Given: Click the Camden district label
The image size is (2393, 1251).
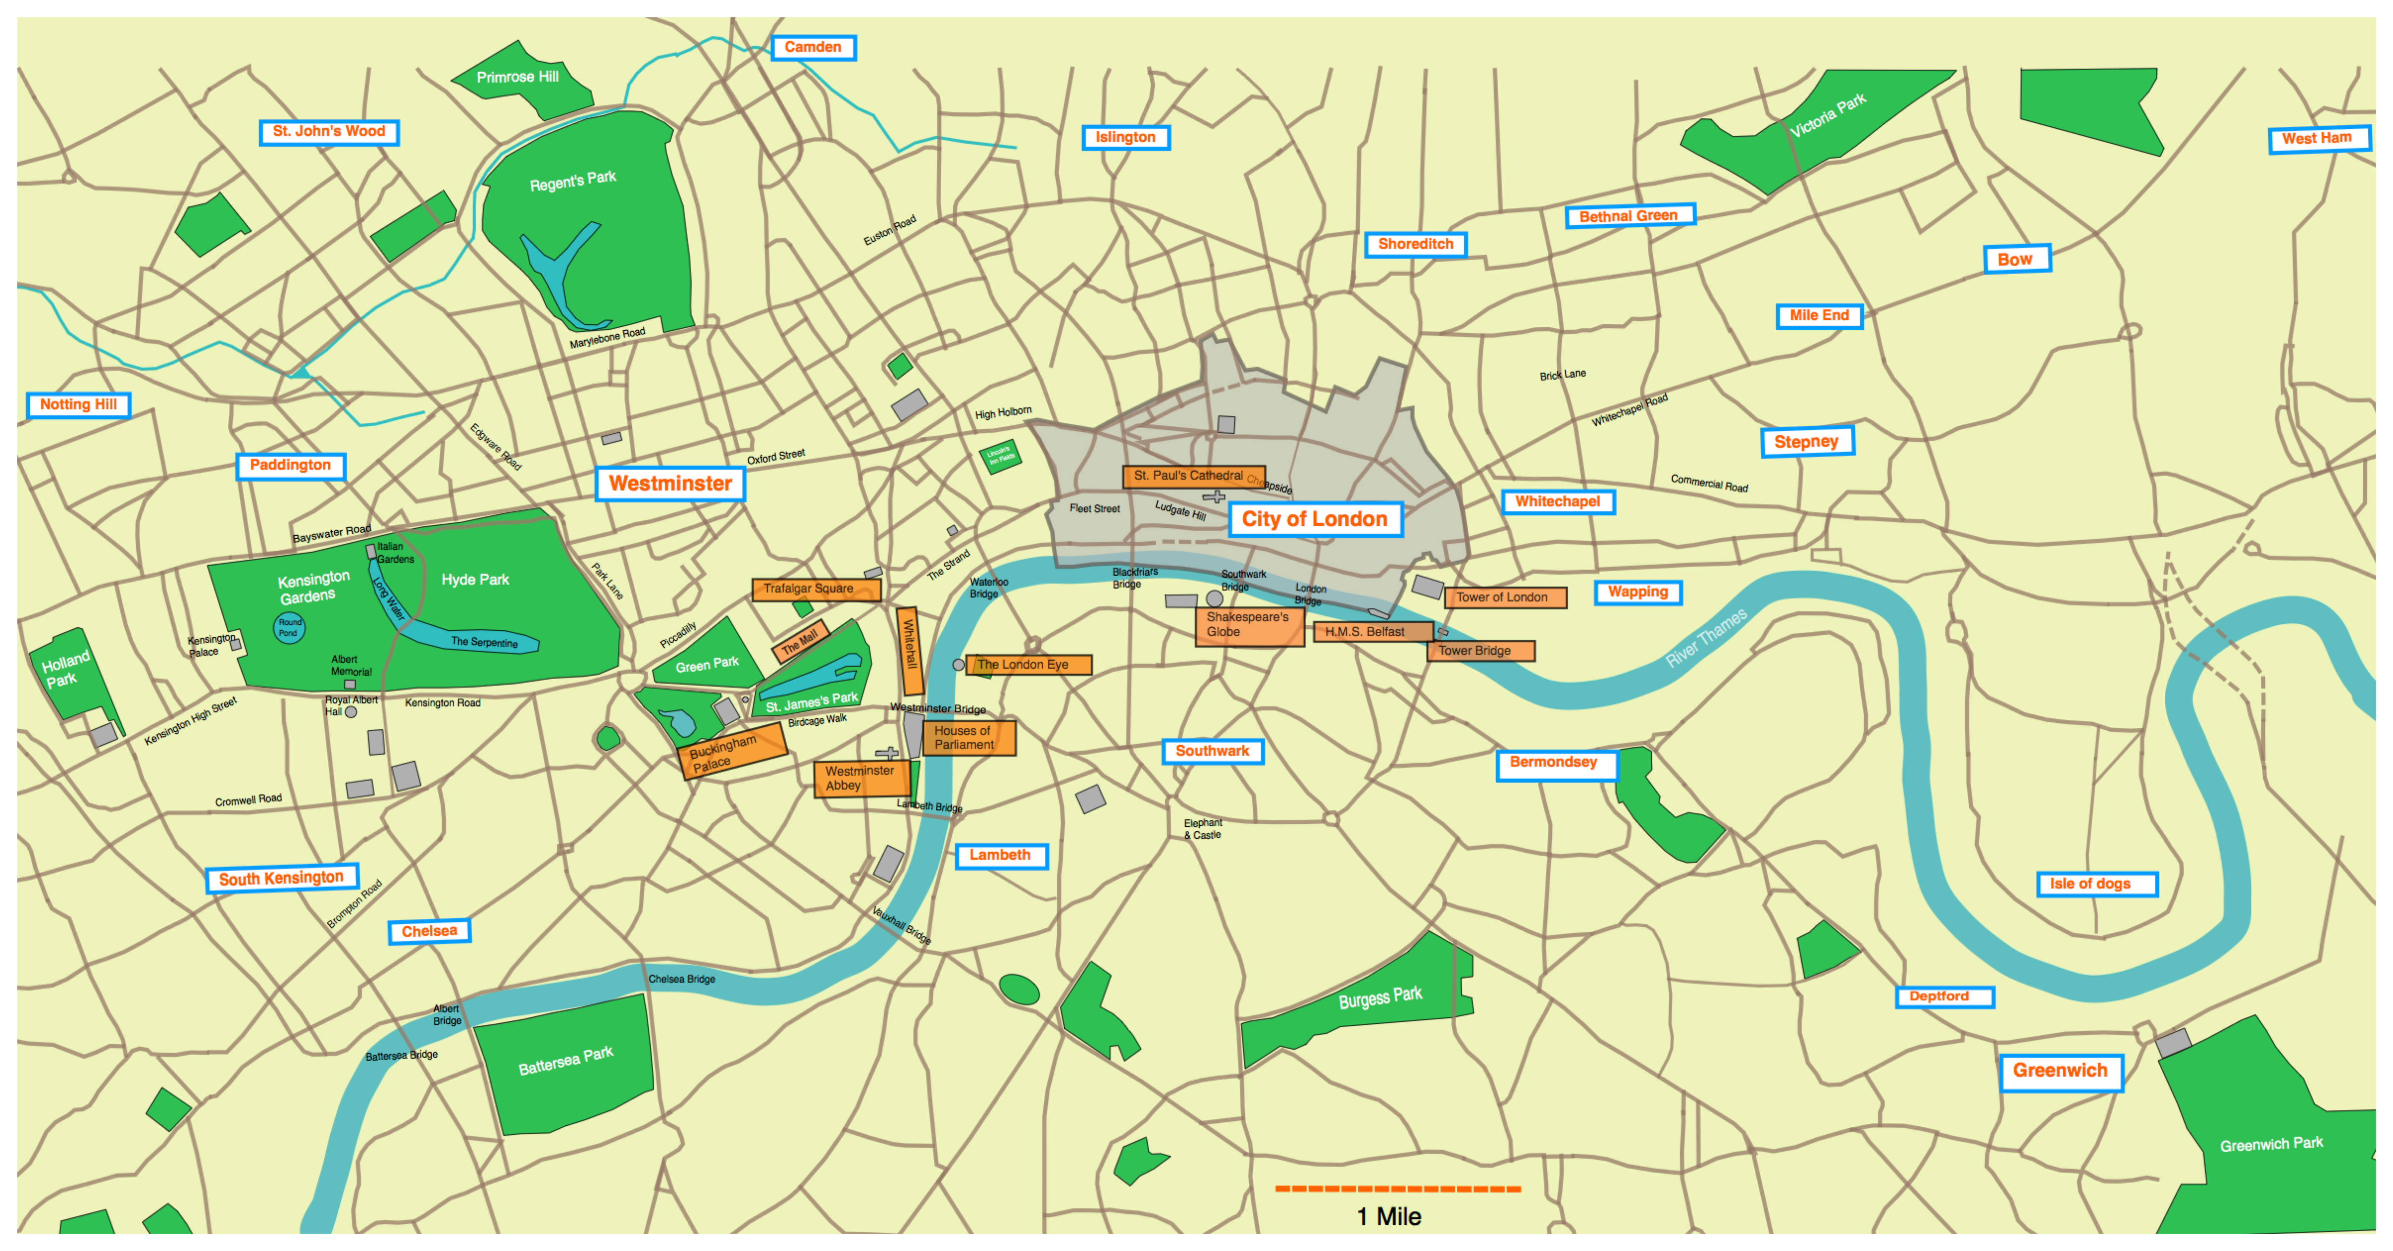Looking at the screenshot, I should click(813, 48).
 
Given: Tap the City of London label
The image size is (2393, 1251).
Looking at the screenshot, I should click(1315, 519).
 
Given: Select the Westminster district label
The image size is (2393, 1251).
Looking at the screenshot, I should click(670, 484).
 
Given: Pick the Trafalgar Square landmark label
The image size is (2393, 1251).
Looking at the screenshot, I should click(815, 589).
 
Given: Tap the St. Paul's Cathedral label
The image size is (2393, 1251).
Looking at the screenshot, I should click(1192, 476).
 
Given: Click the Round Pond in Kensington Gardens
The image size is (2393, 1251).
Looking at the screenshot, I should click(289, 628).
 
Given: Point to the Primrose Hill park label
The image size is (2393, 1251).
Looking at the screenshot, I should click(517, 77).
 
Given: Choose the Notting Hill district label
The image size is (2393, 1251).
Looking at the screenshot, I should click(79, 405).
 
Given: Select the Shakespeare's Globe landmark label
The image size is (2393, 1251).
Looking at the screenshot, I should click(1249, 625).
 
